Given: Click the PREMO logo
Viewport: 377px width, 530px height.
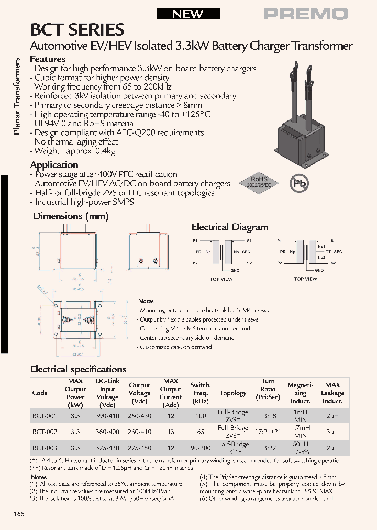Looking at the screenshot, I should [305, 14].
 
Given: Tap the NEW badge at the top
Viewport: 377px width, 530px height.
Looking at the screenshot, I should [188, 14].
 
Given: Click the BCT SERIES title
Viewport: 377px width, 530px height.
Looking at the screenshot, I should [77, 29].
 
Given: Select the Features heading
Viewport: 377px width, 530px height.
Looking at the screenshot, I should [48, 59].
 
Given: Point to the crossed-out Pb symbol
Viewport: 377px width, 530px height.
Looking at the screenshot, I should [300, 183].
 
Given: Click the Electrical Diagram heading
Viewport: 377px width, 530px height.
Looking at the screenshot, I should [229, 227].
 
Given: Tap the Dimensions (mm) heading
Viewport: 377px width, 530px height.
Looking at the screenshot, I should [71, 216].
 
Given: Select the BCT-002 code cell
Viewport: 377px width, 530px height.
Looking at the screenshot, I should [45, 432].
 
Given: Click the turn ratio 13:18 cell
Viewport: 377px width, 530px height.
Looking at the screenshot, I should [268, 416].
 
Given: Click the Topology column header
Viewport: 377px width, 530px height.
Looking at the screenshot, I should [232, 393].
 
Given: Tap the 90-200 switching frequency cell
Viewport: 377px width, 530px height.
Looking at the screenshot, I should [200, 448].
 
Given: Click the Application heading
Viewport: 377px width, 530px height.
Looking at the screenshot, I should [54, 165].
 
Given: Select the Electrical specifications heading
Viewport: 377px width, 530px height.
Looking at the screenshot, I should [78, 369].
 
